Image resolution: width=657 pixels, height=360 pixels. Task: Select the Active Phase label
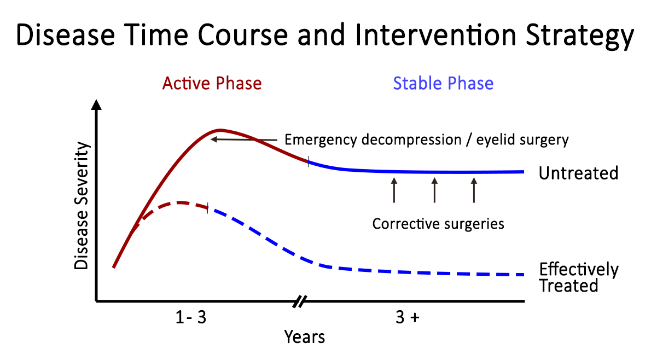[212, 84]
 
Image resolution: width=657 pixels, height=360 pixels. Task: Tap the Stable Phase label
[443, 84]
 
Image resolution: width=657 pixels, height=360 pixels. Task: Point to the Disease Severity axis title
[82, 205]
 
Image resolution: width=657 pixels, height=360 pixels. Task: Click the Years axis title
[304, 337]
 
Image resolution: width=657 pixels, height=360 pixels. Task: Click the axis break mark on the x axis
[300, 301]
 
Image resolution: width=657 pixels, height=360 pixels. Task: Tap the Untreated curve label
[578, 173]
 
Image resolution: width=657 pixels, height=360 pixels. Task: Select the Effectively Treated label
[578, 277]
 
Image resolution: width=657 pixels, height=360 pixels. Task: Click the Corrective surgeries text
[438, 224]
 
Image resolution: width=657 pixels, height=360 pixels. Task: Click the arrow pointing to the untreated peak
[246, 140]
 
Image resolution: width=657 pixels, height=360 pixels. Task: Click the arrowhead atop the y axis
[97, 105]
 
